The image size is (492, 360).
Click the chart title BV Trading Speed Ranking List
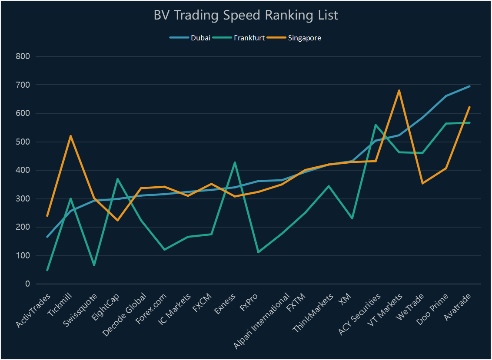246,15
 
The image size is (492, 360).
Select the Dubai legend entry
200,38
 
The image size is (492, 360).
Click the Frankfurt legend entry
249,38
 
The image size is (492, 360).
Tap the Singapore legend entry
304,38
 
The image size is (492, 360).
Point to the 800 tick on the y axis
22,56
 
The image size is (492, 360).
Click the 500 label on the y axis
22,142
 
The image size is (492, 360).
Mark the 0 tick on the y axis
27,284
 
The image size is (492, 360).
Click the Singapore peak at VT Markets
399,91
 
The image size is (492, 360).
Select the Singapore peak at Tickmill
70,136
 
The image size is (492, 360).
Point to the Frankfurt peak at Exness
235,162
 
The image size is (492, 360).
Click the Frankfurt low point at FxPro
258,252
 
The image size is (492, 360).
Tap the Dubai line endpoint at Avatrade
469,86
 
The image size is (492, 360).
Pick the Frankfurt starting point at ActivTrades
47,270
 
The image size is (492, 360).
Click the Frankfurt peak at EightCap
117,179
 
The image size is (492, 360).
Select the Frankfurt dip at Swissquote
94,265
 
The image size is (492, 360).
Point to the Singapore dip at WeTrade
422,183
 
